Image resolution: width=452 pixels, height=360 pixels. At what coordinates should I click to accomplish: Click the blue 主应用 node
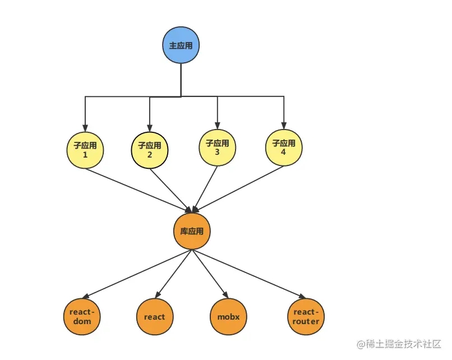181,45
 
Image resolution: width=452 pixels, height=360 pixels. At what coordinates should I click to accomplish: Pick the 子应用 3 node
218,147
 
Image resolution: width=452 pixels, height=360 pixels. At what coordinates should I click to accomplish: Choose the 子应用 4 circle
284,147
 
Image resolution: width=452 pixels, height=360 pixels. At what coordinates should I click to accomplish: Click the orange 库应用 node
192,230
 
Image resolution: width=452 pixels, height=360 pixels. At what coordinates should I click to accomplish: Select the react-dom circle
82,317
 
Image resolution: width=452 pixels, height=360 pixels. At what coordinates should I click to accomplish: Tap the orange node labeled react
154,317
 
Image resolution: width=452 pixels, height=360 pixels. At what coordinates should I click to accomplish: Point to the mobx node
228,317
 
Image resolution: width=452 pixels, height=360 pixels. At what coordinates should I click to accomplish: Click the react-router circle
306,317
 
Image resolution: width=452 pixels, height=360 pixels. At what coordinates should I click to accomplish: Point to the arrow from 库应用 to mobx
210,274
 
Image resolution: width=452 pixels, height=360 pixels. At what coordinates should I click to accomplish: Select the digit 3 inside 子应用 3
218,152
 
